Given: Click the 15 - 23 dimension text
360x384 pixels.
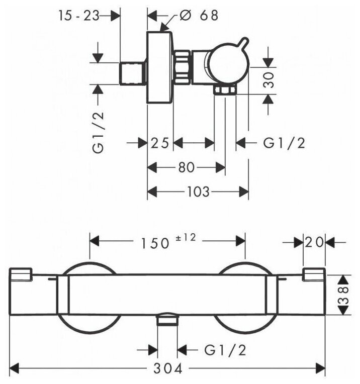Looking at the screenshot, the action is [79, 16].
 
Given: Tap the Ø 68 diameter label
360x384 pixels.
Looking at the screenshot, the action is [199, 16].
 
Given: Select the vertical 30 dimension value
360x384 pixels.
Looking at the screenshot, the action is [269, 80].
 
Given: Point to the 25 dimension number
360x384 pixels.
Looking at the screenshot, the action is [160, 143].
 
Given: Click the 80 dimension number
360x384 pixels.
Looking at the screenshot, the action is [186, 168].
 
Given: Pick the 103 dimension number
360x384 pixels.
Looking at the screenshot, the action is [198, 191].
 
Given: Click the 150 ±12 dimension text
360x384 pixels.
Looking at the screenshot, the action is [168, 241].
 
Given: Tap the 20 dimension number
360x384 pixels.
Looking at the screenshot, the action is [314, 243].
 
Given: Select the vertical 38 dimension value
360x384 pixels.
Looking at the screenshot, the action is [344, 295].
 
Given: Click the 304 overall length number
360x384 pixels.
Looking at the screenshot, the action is [168, 368].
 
